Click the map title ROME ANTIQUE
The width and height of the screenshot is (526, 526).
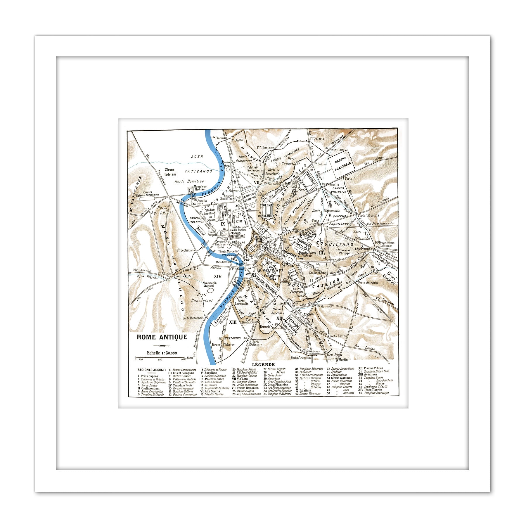coord(162,337)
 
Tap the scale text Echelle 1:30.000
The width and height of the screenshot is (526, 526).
coord(162,353)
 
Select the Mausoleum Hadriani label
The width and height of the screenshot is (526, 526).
coord(200,188)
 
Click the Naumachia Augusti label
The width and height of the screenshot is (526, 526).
coord(210,284)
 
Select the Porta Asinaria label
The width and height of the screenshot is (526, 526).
coord(368,283)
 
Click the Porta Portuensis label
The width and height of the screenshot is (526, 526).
coord(193,318)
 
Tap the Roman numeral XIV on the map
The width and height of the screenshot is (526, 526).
coord(218,276)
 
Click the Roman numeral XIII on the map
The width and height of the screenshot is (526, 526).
coord(233,322)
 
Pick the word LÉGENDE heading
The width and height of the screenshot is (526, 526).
coord(263,364)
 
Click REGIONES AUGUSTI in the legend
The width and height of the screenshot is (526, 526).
coord(151,370)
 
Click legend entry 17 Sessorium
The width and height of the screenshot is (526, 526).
coord(209,385)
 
